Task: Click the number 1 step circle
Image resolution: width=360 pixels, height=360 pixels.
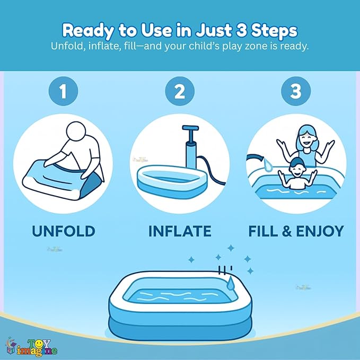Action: click(x=63, y=92)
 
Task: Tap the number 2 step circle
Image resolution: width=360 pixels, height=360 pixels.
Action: click(x=180, y=92)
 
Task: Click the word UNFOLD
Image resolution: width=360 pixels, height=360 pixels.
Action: click(x=63, y=231)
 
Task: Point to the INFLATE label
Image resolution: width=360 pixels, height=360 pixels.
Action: click(x=180, y=231)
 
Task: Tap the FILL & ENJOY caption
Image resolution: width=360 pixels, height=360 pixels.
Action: click(x=296, y=231)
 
